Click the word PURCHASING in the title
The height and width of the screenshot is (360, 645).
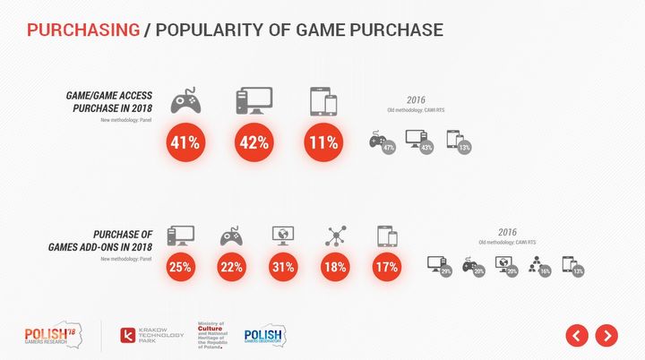tap(83, 30)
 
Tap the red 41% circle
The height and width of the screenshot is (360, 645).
tap(185, 141)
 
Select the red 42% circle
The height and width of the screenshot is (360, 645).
tap(254, 141)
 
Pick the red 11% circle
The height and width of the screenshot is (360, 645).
tap(322, 141)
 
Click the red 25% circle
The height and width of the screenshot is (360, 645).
tap(181, 266)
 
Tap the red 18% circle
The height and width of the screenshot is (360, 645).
tap(336, 266)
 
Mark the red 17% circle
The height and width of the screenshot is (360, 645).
tap(387, 266)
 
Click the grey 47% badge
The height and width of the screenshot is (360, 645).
tap(388, 148)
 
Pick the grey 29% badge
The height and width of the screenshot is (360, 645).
tap(445, 270)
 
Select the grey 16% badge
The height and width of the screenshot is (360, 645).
tap(544, 270)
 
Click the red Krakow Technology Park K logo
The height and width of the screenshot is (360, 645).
tap(129, 337)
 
